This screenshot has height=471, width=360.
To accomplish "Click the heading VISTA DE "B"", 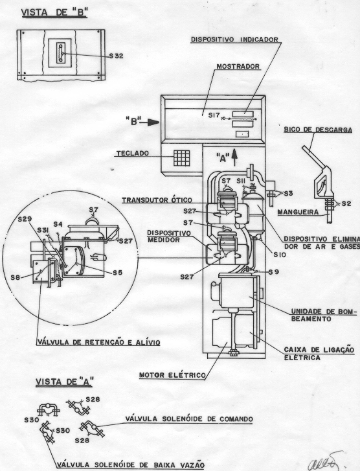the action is (54, 13).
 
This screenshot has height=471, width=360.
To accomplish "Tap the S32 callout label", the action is (116, 56).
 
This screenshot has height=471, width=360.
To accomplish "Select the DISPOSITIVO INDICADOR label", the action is (234, 40).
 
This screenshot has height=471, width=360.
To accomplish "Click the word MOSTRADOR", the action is (238, 66).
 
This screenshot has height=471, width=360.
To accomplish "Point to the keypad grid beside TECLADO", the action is (182, 158).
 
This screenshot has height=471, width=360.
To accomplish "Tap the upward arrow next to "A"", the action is (234, 157).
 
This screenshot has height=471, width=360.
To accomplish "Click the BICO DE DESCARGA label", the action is (318, 130).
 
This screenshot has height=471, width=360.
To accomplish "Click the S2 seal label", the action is (346, 203).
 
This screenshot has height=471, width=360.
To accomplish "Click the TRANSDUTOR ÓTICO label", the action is (157, 200).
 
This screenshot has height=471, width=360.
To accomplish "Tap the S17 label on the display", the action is (214, 115).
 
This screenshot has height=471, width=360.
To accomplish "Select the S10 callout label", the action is (280, 255).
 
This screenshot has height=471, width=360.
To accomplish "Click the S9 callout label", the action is (273, 272).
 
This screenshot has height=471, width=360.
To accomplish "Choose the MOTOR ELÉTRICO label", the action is (172, 375).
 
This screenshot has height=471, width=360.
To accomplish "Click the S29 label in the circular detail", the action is (25, 219).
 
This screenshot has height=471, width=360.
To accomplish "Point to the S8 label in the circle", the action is (16, 277).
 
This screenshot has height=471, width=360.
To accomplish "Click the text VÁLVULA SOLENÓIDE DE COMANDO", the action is (189, 419).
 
